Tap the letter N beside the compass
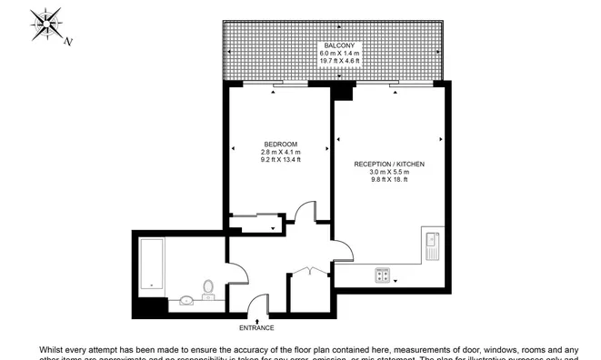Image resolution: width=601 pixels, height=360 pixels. click(68, 41)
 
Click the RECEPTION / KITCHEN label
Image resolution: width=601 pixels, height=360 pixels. click(389, 164)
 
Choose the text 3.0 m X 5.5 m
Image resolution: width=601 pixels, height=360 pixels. click(389, 172)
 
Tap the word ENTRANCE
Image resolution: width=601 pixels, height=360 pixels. click(256, 327)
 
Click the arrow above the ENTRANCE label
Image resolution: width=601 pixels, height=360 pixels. click(257, 320)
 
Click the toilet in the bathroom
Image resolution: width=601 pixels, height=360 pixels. click(208, 287)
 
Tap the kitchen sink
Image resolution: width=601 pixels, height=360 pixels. click(432, 244)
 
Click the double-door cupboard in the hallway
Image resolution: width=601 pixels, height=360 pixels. click(310, 273)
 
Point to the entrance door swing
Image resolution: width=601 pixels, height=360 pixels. click(257, 302)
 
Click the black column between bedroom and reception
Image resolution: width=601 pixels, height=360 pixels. click(344, 91)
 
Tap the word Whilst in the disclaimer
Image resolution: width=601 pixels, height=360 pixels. click(53, 349)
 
